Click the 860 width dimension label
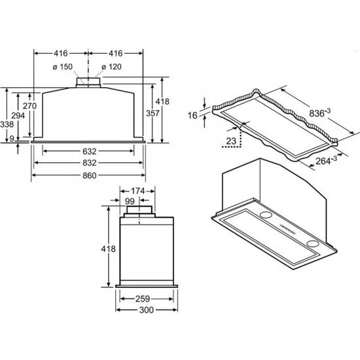coord(89,175)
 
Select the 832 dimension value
coord(89,163)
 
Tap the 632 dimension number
coord(89,151)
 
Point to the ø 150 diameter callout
coord(62,67)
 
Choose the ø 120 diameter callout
coord(111,67)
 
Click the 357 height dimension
coord(153,113)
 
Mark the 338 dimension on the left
coord(7,124)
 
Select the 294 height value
coord(18,116)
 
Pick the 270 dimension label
coord(29,106)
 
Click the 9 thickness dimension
coord(12,139)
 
